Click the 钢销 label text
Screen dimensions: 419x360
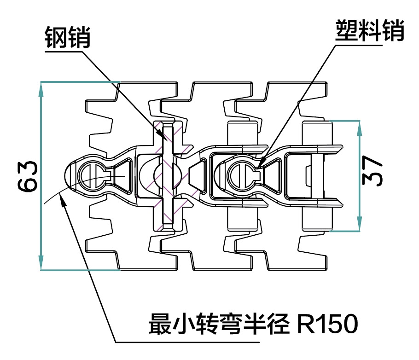point(68,37)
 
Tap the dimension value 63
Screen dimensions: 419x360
point(28,176)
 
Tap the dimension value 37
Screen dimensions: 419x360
point(372,171)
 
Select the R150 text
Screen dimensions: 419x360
point(327,324)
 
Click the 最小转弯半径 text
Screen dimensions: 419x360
point(219,324)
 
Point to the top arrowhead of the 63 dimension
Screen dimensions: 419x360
point(41,89)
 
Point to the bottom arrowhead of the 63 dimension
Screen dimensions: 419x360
point(41,262)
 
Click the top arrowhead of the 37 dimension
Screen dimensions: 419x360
point(360,128)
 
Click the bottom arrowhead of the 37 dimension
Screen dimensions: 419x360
point(360,223)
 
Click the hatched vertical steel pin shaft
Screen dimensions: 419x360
point(168,175)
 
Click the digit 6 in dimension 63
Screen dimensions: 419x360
point(28,185)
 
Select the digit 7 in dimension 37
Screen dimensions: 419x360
point(372,163)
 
